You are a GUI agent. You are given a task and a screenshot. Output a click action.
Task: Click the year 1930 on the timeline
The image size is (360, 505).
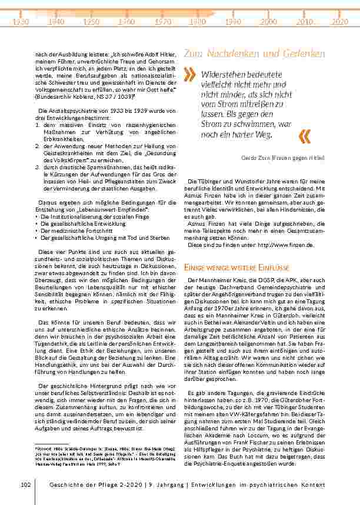(21, 22)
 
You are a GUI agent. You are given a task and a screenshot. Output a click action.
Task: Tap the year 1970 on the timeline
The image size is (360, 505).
(163, 22)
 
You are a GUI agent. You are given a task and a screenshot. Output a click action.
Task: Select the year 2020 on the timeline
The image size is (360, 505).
(339, 22)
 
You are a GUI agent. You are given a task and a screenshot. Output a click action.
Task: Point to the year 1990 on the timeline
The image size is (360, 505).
(234, 22)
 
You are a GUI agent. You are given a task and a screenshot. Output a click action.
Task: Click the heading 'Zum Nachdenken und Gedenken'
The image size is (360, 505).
(254, 53)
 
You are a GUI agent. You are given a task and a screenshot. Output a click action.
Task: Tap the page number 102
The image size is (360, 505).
(25, 484)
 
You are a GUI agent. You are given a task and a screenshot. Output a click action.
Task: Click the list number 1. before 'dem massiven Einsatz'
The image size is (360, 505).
(37, 126)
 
